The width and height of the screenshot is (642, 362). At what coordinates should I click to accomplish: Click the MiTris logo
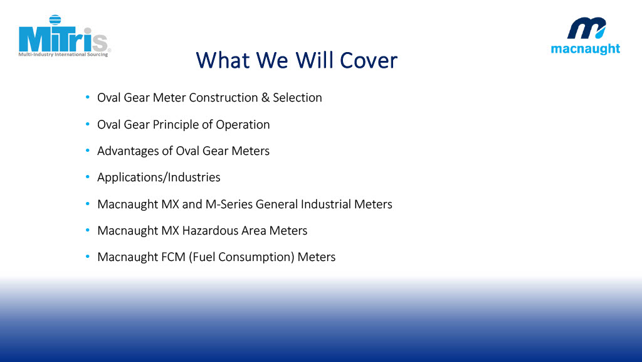(x=65, y=36)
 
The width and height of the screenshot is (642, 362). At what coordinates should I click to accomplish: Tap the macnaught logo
(x=586, y=36)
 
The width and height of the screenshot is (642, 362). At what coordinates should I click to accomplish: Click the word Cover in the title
(x=369, y=61)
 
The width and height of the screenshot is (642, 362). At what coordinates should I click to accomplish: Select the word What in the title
(x=223, y=61)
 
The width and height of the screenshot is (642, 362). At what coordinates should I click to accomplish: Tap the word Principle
(x=176, y=125)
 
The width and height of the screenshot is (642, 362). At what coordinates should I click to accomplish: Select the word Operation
(x=243, y=125)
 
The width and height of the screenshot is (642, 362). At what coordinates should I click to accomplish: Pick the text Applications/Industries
(x=159, y=178)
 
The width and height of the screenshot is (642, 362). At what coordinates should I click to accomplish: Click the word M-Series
(x=229, y=204)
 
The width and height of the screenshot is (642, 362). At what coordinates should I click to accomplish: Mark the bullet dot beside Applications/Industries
(x=88, y=177)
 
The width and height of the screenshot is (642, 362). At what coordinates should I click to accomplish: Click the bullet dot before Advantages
(x=88, y=151)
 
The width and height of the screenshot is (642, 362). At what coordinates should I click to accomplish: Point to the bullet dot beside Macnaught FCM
(x=88, y=257)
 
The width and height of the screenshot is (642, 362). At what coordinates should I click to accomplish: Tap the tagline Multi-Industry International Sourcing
(x=63, y=55)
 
